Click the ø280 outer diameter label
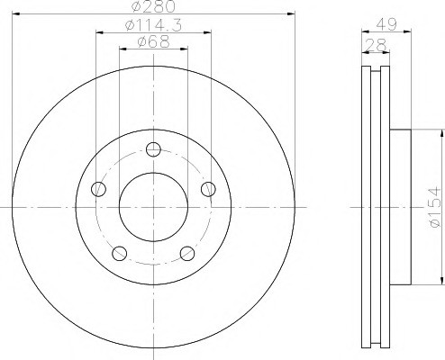[x=153, y=6]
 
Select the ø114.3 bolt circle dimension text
[x=153, y=25]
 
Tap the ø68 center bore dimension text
[x=154, y=41]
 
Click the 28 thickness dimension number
[x=376, y=45]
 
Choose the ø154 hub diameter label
[x=435, y=207]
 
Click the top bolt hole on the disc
[x=153, y=149]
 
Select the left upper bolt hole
[x=98, y=189]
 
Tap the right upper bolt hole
[x=208, y=189]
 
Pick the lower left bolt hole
[x=120, y=254]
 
